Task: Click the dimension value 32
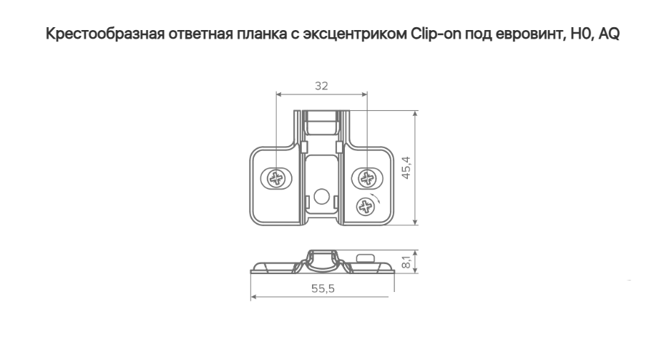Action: coord(321,86)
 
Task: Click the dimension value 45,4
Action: coord(406,167)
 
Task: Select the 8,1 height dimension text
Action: coord(406,261)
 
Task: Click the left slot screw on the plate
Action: coord(275,177)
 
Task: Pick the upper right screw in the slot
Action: coord(367,177)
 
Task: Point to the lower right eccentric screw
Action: coord(366,205)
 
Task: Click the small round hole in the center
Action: coord(321,195)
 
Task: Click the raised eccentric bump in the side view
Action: coord(363,256)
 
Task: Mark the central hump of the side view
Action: coord(321,256)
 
